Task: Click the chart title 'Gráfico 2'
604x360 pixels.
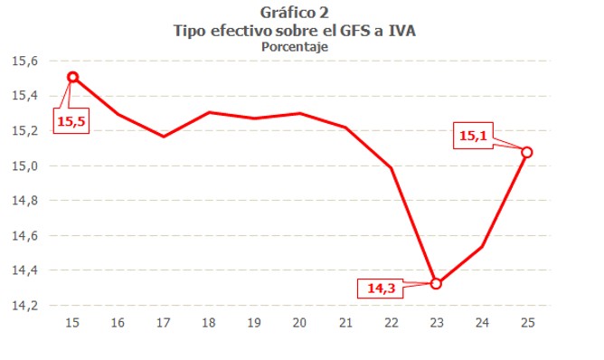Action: coord(294,13)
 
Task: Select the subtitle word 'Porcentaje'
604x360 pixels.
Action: coord(294,45)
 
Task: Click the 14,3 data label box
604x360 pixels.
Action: coord(381,289)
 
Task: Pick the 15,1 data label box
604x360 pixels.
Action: coord(474,137)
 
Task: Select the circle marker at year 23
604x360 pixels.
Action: coord(437,283)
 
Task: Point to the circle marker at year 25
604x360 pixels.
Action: coord(527,152)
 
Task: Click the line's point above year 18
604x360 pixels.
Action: coord(209,112)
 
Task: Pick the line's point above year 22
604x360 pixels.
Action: coord(391,167)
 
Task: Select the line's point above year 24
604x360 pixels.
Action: coord(482,246)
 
